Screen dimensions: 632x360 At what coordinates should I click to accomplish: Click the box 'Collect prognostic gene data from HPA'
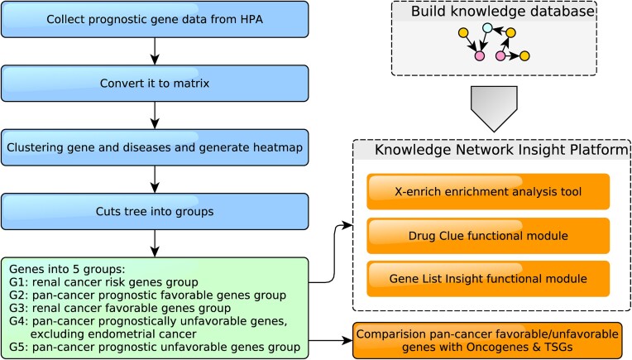click(x=155, y=19)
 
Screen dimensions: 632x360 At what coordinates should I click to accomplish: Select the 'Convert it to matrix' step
click(x=155, y=84)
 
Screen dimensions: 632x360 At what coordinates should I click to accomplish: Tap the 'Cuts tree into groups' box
click(x=155, y=212)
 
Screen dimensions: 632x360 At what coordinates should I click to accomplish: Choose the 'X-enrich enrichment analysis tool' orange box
click(x=488, y=191)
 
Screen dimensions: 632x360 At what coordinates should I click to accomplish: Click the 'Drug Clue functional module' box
click(x=488, y=236)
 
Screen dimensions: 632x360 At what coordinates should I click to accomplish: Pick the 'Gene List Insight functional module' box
click(x=488, y=279)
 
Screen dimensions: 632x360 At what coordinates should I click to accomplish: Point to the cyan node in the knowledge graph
click(x=487, y=28)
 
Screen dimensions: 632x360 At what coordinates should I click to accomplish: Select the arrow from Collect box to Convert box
click(x=155, y=51)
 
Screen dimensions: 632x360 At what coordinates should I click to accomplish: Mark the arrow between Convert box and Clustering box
click(x=155, y=115)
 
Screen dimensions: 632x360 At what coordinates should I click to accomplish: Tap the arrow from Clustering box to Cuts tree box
click(x=155, y=180)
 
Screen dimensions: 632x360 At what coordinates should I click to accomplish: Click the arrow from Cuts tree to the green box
click(x=155, y=243)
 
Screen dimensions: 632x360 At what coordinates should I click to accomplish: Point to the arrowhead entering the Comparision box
click(x=347, y=341)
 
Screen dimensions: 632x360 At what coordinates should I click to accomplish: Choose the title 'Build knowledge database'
click(x=503, y=12)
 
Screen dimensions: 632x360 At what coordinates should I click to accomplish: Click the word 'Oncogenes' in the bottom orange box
click(x=498, y=347)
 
